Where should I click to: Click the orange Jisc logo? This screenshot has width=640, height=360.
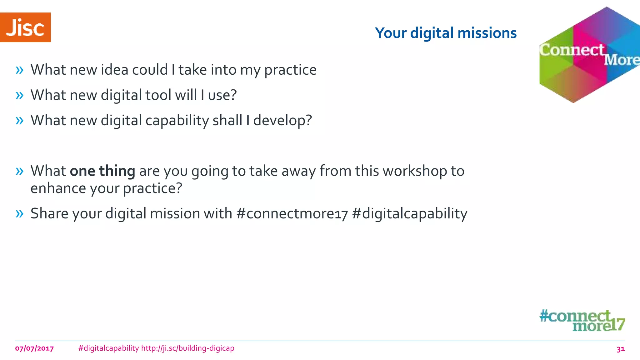tap(25, 27)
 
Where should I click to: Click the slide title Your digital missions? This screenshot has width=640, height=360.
tap(446, 33)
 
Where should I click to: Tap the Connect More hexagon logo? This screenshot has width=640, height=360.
tap(589, 55)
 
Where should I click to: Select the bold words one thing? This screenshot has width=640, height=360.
tap(102, 171)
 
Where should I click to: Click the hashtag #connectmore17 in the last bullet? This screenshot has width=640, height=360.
tap(292, 214)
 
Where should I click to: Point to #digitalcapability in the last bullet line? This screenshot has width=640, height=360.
tap(409, 214)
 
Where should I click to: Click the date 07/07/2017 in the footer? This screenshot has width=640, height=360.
tap(34, 348)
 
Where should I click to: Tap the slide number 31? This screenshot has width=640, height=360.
tap(620, 349)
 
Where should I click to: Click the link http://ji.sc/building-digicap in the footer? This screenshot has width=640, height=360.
tap(187, 348)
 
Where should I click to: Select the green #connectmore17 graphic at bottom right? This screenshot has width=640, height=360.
tap(582, 321)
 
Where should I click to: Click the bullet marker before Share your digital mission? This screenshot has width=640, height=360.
tap(19, 214)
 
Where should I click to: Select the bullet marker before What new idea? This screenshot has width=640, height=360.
tap(19, 70)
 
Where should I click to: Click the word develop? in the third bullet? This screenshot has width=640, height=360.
tap(282, 121)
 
